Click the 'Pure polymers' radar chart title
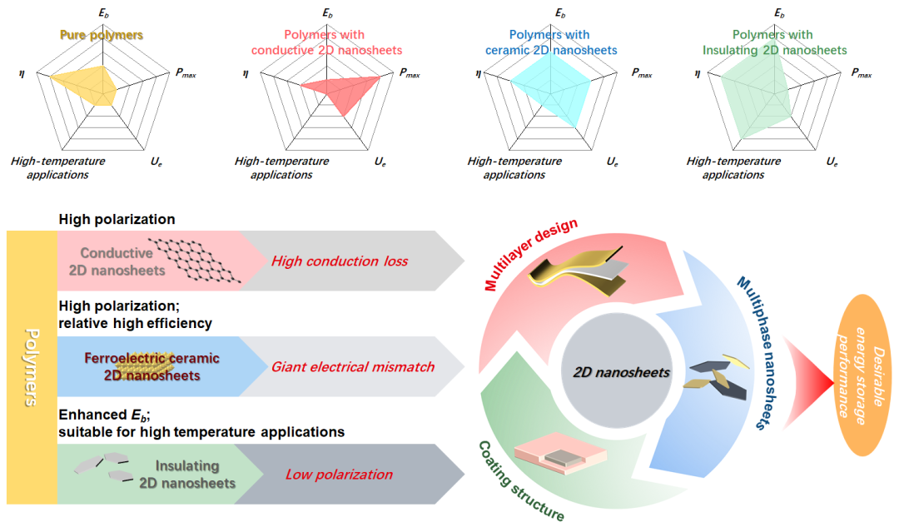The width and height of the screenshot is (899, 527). (x=101, y=36)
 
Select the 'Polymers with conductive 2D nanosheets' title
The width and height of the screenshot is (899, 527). (x=327, y=42)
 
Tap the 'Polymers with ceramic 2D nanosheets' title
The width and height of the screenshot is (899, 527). (x=551, y=42)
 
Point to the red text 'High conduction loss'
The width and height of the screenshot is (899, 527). (x=340, y=261)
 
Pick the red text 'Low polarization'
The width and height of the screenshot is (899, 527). (x=339, y=475)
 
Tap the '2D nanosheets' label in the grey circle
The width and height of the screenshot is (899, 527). (x=622, y=372)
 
